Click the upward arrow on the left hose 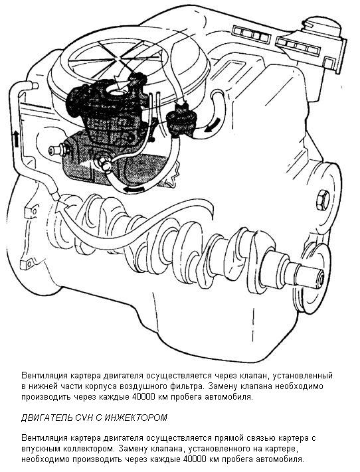(15, 139)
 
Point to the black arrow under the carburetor (134, 189)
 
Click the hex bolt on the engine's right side (322, 200)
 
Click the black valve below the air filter (179, 121)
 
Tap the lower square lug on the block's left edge (26, 264)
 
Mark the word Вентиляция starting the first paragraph (45, 376)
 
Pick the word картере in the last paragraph (281, 449)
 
